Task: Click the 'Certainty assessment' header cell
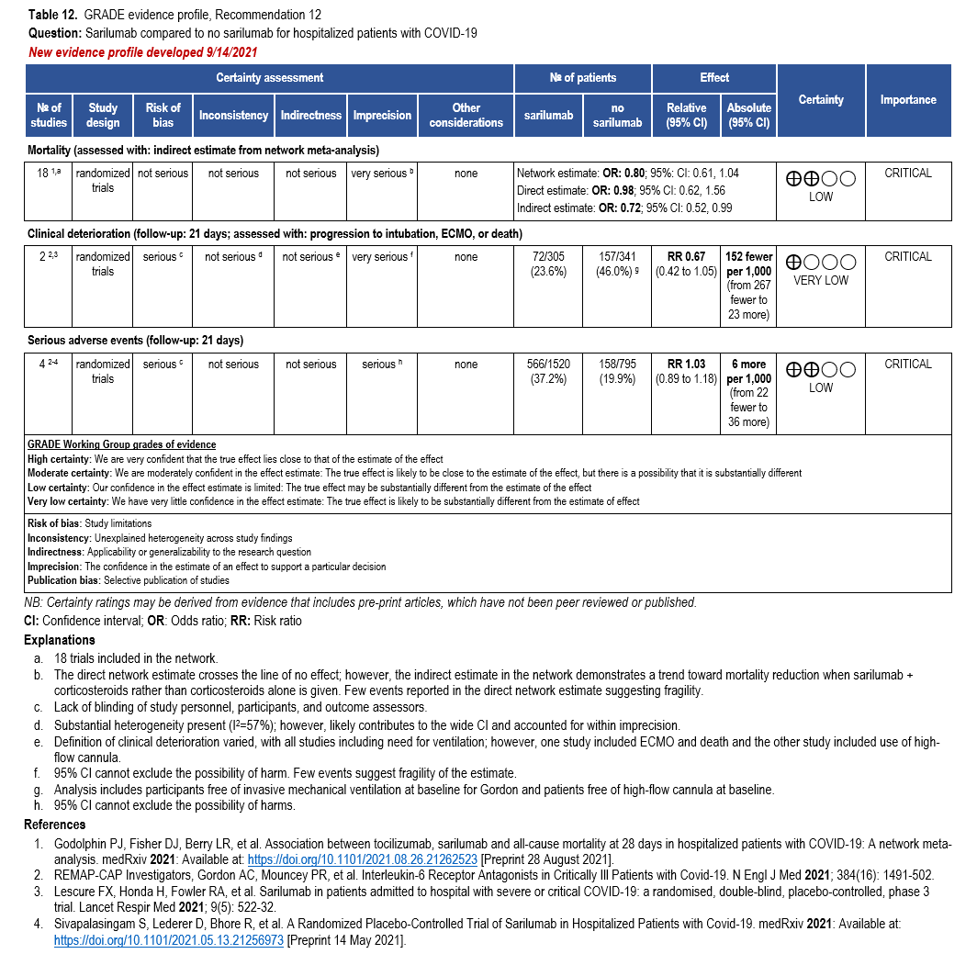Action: pos(269,78)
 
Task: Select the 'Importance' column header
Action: pos(908,99)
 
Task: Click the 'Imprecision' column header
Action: pos(382,115)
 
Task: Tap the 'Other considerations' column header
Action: pos(466,115)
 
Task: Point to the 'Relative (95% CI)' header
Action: pos(686,115)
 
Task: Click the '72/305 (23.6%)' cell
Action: pos(549,264)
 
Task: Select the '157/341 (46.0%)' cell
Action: pos(617,264)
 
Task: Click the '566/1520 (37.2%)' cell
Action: pos(549,372)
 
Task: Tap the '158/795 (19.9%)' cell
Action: pos(617,372)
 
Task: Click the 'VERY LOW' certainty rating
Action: pos(821,281)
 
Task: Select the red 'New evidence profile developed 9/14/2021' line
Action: pos(142,52)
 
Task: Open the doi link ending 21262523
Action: pos(363,859)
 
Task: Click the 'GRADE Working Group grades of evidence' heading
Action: pos(122,445)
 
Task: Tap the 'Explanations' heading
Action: pos(60,640)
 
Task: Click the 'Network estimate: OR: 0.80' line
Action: pos(627,173)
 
